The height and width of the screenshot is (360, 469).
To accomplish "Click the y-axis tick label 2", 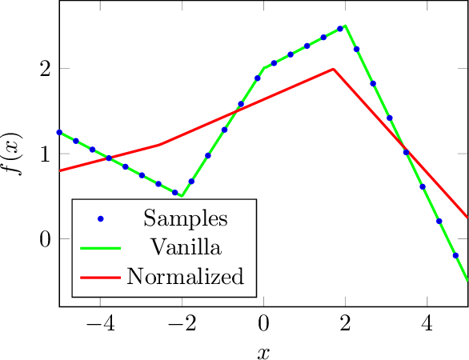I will point(45,68).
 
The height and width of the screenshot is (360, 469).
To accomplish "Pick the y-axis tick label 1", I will point(45,154).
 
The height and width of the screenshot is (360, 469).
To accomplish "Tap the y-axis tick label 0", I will point(45,239).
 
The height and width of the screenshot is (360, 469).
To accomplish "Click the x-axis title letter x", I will point(263,350).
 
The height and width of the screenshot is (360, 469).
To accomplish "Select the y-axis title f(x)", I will point(14,154).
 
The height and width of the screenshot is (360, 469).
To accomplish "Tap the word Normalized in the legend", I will point(186,277).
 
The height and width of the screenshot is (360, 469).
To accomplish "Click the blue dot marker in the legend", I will point(100,218).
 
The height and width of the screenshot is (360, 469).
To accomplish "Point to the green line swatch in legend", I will point(100,247).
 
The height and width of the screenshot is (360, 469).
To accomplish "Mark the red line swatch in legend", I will point(100,277).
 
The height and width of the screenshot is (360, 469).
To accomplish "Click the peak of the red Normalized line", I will point(333,70).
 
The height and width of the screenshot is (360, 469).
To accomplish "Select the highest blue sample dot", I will point(340,29).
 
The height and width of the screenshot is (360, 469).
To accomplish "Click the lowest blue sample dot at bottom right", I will point(455,255).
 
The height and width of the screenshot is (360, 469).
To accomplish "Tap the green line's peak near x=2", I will point(345,25).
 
